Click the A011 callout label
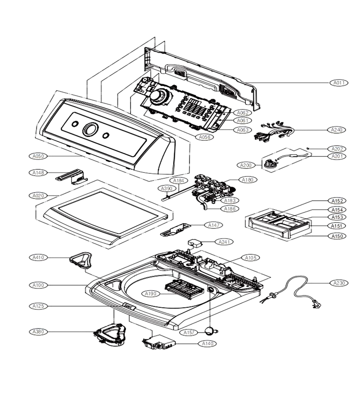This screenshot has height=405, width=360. click(x=339, y=83)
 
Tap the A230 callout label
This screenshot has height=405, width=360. click(x=339, y=283)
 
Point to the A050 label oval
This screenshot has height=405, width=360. click(x=38, y=156)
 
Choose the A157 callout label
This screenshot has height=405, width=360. click(x=189, y=333)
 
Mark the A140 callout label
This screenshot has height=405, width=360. click(x=207, y=343)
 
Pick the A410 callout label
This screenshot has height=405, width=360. click(x=38, y=257)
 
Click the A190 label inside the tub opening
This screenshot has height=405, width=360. click(x=151, y=294)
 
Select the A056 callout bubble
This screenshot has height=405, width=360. click(x=205, y=137)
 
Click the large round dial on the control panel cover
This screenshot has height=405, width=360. click(x=90, y=129)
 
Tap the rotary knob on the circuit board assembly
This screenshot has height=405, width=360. click(x=158, y=96)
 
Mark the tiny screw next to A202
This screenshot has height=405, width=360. click(x=309, y=148)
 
